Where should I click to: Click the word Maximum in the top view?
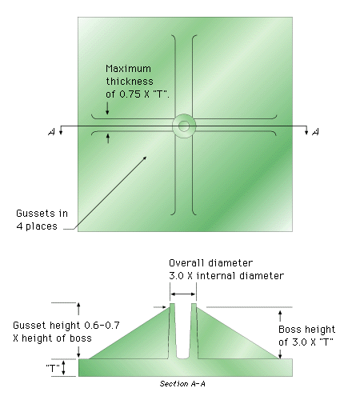click(128, 69)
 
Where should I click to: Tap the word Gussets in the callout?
click(35, 214)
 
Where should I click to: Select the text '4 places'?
click(37, 226)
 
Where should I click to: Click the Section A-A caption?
click(182, 384)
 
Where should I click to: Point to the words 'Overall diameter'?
click(210, 263)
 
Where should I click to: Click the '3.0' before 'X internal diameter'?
click(177, 276)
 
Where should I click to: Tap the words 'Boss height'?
click(306, 330)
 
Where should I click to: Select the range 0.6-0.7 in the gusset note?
click(102, 326)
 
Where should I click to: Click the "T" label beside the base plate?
click(53, 368)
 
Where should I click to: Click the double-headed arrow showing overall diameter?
click(183, 294)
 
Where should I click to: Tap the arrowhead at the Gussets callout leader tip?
click(146, 158)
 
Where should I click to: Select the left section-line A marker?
click(51, 132)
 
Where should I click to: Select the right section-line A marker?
click(315, 132)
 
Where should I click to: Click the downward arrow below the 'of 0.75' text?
click(107, 108)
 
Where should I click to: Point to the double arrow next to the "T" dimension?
click(63, 368)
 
